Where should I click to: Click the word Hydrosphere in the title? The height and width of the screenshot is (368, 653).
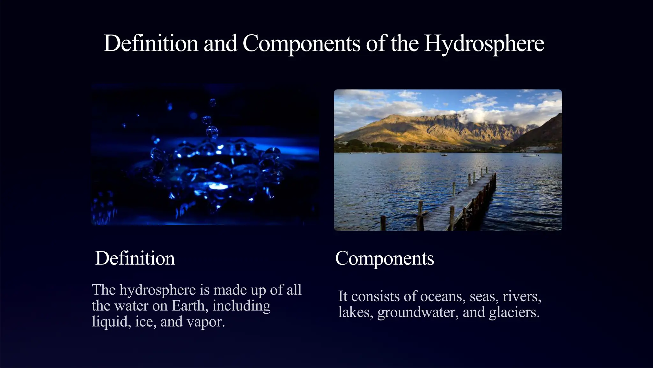[484, 43]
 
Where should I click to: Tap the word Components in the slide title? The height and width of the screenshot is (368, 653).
[301, 43]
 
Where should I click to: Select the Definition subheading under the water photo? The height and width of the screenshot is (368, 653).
[135, 258]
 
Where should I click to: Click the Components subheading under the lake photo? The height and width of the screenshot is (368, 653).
[385, 258]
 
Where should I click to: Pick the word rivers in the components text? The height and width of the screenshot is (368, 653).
[522, 296]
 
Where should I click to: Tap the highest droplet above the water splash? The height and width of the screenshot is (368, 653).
[213, 103]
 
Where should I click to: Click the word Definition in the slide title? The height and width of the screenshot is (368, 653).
[150, 43]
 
